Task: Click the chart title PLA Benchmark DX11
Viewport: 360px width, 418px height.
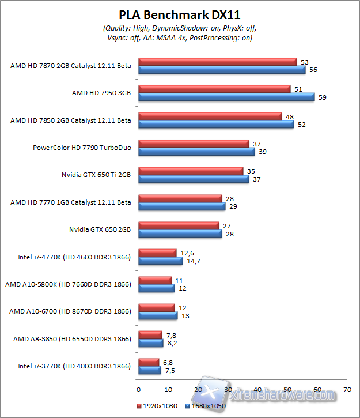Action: [x=180, y=14]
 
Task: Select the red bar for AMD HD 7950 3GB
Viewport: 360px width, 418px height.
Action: [x=214, y=89]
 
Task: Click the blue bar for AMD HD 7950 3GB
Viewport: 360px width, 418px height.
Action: [x=226, y=97]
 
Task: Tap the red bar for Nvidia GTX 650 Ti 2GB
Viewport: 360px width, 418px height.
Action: [x=191, y=171]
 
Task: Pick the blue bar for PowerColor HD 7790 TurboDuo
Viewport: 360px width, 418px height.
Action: [x=196, y=152]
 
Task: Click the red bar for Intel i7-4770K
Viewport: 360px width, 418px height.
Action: [x=157, y=253]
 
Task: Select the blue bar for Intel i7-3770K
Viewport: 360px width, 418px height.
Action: [x=149, y=370]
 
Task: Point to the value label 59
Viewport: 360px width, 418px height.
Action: [x=322, y=97]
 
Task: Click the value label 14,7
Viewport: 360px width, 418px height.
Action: [x=191, y=261]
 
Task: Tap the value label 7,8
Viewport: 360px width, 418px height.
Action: [x=170, y=334]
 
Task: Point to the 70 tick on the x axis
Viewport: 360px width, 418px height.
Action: [x=346, y=389]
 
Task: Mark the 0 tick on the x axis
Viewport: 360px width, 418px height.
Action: [x=138, y=389]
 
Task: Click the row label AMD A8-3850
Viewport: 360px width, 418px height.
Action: [x=72, y=338]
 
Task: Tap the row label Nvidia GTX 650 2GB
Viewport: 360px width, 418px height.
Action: [x=100, y=229]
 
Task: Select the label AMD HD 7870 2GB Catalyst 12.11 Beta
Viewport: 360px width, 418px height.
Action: [x=70, y=66]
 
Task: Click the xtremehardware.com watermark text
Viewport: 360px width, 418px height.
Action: [x=282, y=395]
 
